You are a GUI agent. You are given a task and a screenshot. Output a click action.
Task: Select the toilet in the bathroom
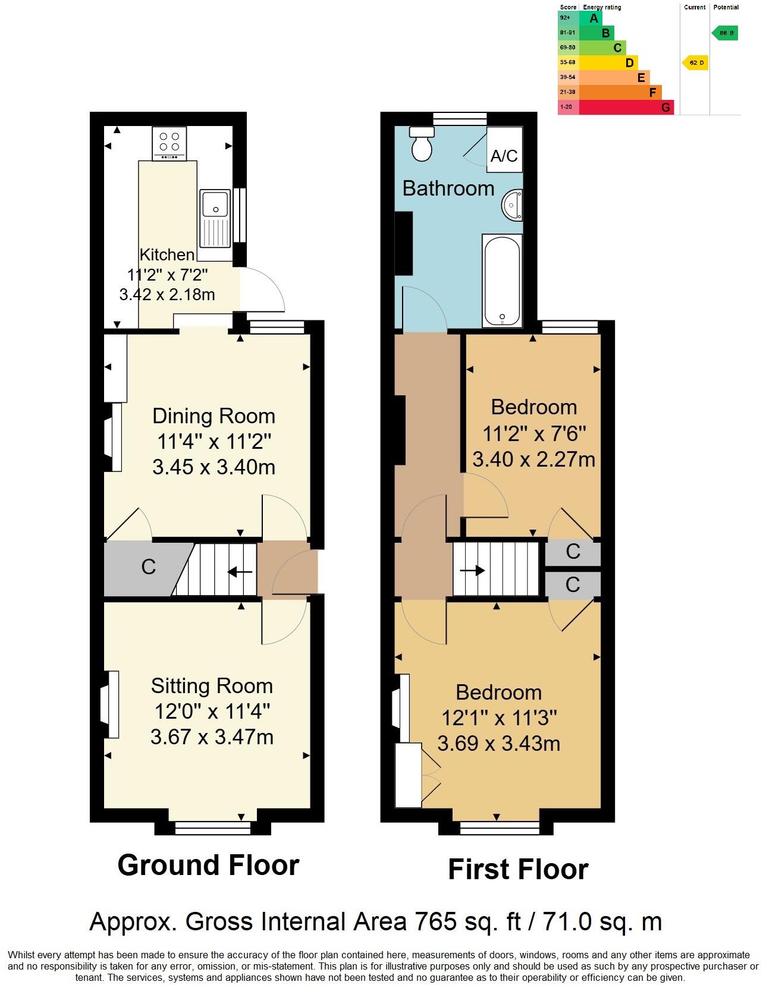pos(423,143)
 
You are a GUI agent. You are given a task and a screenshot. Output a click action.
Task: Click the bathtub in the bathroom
pos(502,280)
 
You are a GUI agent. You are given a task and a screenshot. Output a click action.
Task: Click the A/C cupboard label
pos(504,156)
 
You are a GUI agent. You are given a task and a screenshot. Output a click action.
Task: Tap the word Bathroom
pos(448,188)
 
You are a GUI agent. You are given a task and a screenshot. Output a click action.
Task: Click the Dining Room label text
pos(213,416)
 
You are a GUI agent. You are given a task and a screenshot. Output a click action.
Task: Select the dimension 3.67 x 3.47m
pos(212,737)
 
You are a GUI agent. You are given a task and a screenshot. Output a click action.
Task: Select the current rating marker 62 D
pos(696,62)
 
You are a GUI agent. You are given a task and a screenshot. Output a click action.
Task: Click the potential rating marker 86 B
pos(726,33)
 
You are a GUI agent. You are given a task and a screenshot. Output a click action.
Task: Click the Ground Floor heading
pos(208,865)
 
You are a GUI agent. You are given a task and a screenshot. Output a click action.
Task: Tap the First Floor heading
pos(517,870)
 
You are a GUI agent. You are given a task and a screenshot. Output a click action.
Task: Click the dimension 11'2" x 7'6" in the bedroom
pos(534,433)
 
